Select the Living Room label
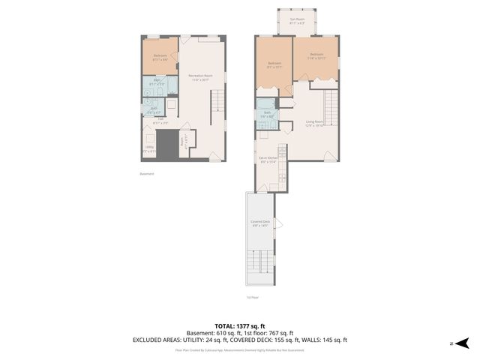click(313, 123)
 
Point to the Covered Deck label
click(260, 223)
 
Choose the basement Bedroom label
click(160, 57)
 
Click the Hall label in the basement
click(160, 121)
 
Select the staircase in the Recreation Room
click(217, 101)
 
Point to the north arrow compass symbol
click(462, 343)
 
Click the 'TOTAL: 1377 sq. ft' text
click(240, 325)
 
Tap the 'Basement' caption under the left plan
click(146, 174)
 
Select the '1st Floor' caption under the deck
click(252, 297)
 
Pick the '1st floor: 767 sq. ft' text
click(268, 333)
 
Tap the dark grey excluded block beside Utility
click(168, 144)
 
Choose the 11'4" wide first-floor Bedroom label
click(316, 56)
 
